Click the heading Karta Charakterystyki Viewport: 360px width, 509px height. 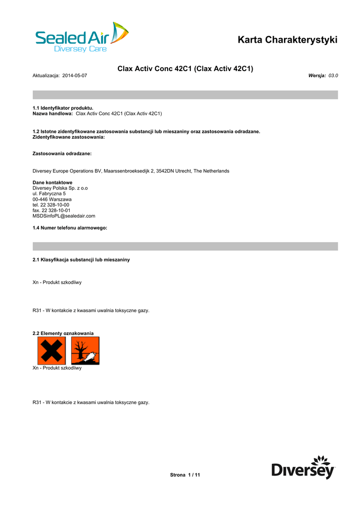tap(287, 40)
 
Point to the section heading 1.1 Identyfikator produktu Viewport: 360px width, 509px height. tap(63, 108)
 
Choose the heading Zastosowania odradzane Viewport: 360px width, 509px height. tap(62, 154)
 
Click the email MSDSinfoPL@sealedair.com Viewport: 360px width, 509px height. tap(64, 216)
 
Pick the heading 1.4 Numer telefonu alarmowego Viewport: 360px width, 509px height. tap(70, 228)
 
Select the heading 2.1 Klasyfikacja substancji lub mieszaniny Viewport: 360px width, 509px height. tap(81, 260)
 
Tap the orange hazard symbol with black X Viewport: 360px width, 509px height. tap(51, 350)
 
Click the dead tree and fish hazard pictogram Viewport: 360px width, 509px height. tap(85, 350)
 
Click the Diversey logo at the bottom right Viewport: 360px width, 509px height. tap(303, 467)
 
